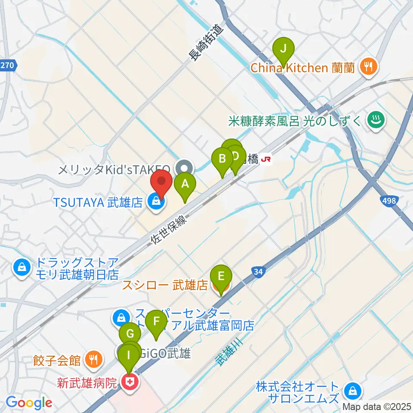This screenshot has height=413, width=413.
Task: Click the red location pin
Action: (160, 184)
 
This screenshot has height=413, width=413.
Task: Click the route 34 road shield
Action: (258, 271)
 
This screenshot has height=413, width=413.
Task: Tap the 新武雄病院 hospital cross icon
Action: (129, 382)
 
